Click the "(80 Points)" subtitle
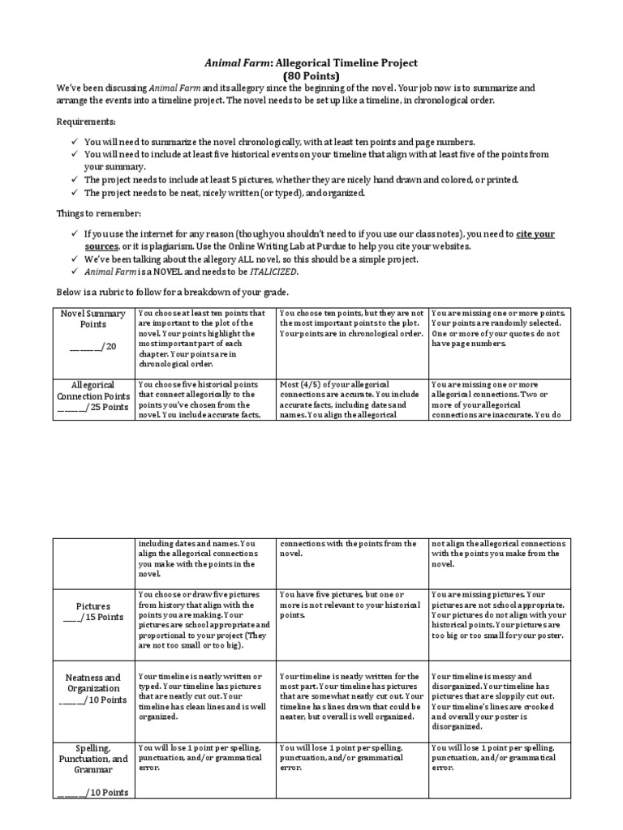311,76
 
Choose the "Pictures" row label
92,605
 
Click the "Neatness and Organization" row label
92,689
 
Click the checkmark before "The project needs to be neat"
74,193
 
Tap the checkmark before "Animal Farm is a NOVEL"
74,272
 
